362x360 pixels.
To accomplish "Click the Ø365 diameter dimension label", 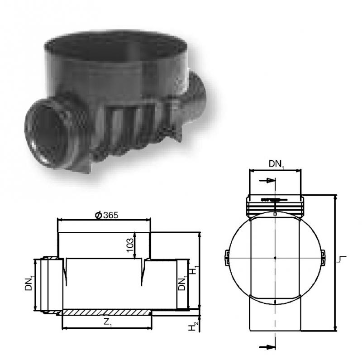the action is click(106, 216).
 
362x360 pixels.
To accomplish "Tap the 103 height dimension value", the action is click(130, 245).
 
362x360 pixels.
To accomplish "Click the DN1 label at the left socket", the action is click(29, 282).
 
